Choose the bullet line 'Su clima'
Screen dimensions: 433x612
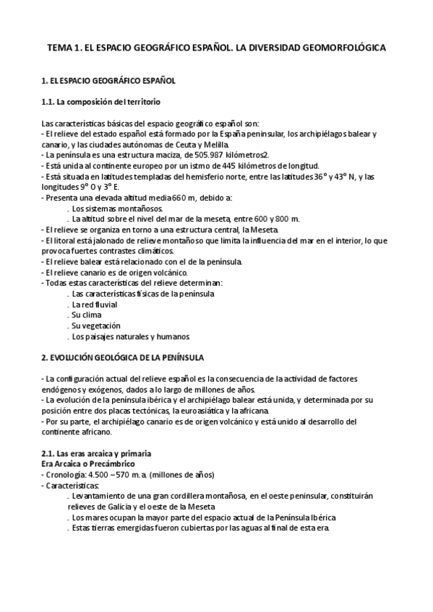click(86, 315)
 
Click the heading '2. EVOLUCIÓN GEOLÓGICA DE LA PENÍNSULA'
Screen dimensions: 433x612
click(123, 357)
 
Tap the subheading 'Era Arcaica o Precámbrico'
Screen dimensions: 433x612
click(89, 463)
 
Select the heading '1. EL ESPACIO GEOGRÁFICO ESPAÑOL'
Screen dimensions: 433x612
click(108, 81)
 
